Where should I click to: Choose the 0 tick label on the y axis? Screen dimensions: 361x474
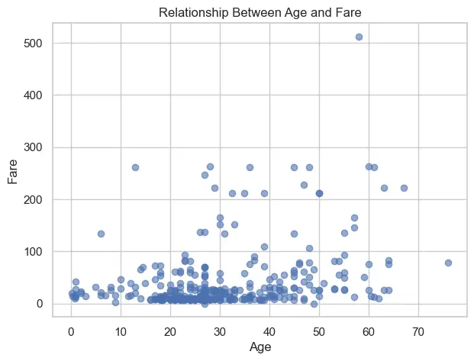37,304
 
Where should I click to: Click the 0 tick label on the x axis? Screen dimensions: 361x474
71,331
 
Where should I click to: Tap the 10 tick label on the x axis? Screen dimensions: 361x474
121,331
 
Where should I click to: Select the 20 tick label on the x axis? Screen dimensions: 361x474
170,331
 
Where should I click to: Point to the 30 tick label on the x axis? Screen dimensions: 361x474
220,331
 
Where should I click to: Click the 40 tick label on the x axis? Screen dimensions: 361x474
269,331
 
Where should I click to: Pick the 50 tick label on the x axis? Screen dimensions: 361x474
319,331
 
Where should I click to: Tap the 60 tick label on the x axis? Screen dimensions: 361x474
369,331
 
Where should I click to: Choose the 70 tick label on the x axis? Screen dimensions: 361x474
418,331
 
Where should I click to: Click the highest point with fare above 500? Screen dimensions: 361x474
359,37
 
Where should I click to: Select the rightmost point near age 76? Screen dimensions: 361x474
448,263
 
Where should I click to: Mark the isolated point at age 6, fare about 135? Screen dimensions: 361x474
101,234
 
